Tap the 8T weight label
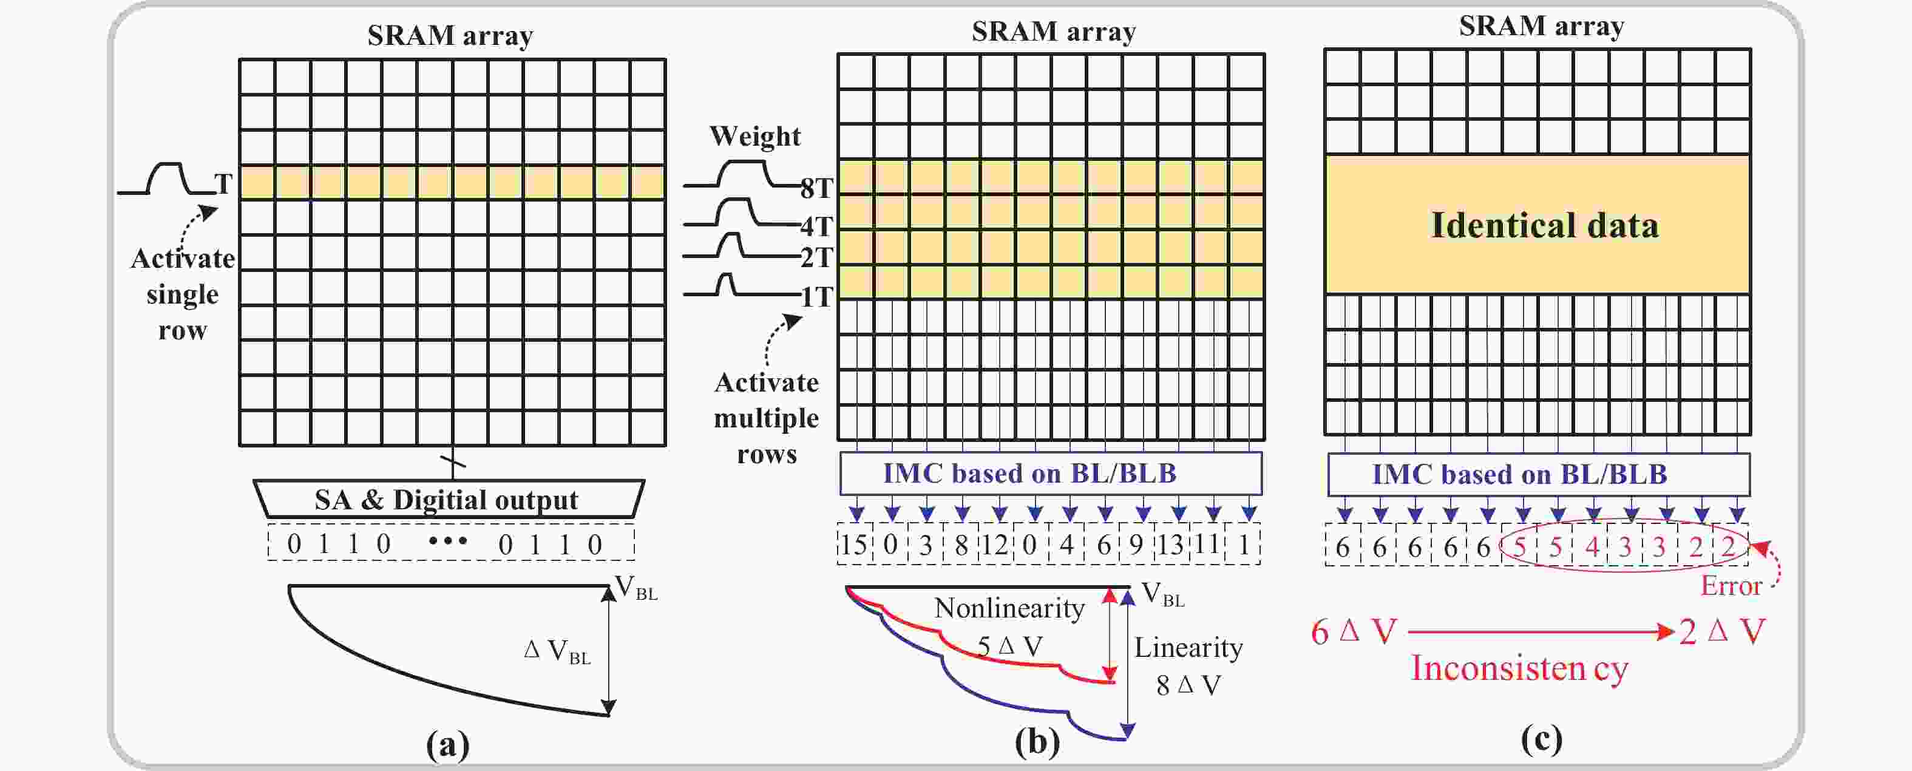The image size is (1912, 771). click(x=816, y=188)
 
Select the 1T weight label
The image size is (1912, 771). click(x=816, y=297)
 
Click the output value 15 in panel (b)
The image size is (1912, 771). click(x=853, y=545)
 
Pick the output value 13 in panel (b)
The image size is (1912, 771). click(x=1170, y=545)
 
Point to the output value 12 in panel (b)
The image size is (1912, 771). click(x=995, y=545)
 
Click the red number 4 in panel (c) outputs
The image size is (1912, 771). click(x=1591, y=547)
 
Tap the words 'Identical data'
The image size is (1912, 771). click(x=1544, y=225)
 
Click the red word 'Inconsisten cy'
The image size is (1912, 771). click(x=1519, y=668)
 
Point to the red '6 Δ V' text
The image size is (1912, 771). click(x=1353, y=632)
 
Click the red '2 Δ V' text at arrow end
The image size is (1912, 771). click(x=1721, y=632)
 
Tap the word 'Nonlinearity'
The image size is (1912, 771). click(x=1009, y=608)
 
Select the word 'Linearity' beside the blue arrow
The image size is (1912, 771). click(x=1188, y=647)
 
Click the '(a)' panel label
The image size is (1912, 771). click(x=447, y=744)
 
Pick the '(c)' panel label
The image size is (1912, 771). click(x=1541, y=739)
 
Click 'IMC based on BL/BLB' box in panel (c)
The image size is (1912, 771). click(x=1538, y=474)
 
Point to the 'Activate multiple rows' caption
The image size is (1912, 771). click(x=766, y=418)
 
